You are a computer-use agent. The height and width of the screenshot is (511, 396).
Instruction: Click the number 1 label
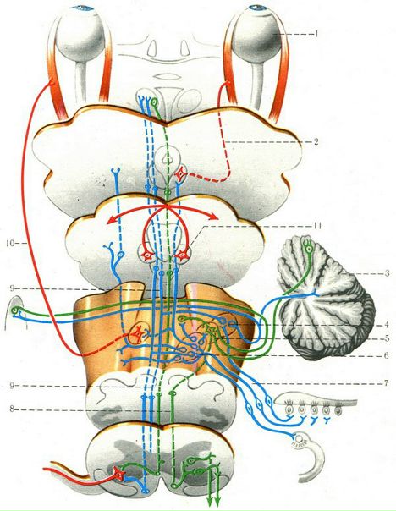tap(316, 34)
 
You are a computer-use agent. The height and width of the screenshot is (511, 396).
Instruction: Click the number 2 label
tap(316, 142)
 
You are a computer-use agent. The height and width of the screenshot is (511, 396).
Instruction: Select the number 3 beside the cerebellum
tap(388, 273)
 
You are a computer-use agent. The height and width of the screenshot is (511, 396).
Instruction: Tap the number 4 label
tap(387, 325)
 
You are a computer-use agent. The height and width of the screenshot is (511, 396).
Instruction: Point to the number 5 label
tap(387, 338)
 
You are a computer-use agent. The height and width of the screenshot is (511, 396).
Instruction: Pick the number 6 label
tap(386, 355)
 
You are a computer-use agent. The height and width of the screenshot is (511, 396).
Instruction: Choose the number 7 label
tap(387, 383)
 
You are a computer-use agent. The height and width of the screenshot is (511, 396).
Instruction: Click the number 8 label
tap(12, 409)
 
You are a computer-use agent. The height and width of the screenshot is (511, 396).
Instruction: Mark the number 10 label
tap(10, 243)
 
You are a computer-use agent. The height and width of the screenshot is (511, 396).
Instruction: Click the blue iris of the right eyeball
tap(256, 7)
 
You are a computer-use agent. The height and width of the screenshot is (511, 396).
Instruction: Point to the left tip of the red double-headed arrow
tap(107, 222)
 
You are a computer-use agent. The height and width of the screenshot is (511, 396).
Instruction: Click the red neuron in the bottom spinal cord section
tap(118, 474)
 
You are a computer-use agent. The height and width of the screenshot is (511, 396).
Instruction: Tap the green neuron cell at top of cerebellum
tap(307, 249)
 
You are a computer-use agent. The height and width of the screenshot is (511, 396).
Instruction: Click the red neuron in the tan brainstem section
tap(138, 333)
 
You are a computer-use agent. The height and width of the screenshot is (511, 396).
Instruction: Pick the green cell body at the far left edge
tap(14, 310)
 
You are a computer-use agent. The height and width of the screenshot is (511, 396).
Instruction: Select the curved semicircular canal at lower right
tap(315, 456)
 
